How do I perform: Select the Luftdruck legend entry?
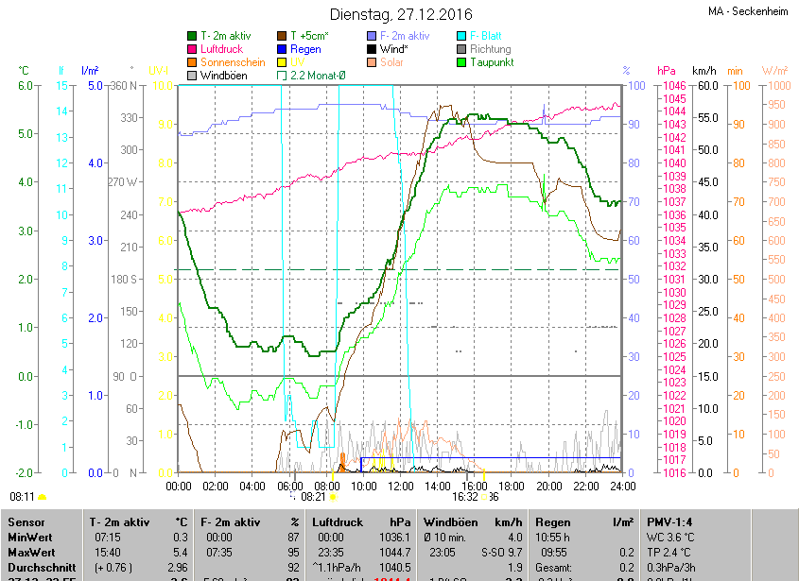pyautogui.click(x=223, y=48)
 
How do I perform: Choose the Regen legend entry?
pyautogui.click(x=305, y=48)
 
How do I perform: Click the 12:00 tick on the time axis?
pyautogui.click(x=401, y=486)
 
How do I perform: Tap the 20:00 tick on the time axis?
pyautogui.click(x=548, y=486)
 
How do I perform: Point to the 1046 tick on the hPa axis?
pyautogui.click(x=674, y=86)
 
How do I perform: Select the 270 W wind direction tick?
pyautogui.click(x=123, y=181)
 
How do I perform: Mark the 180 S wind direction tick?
pyautogui.click(x=125, y=280)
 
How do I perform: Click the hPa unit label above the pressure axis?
pyautogui.click(x=666, y=70)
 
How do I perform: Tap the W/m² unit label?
pyautogui.click(x=774, y=70)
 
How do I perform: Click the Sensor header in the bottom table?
pyautogui.click(x=25, y=521)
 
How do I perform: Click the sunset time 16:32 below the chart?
pyautogui.click(x=465, y=496)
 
